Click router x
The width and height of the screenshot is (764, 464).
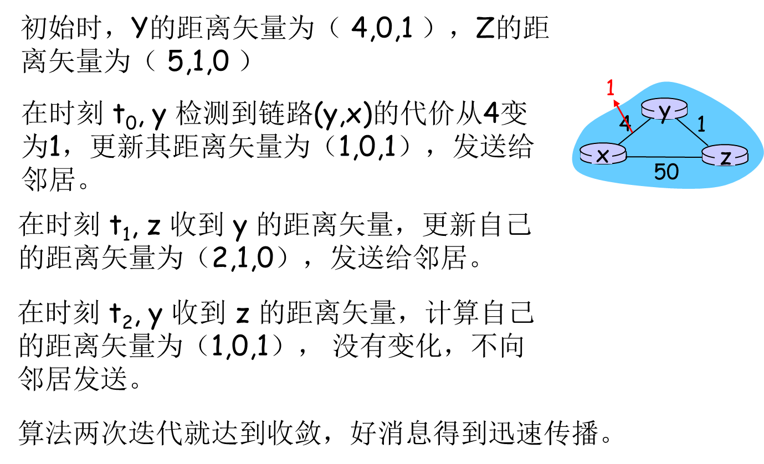[603, 153]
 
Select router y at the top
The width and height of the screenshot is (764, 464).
[664, 109]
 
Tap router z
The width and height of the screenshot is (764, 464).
[725, 155]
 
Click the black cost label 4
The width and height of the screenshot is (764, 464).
[624, 123]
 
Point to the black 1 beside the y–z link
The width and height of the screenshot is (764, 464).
[701, 124]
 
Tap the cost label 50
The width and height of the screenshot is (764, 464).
[666, 172]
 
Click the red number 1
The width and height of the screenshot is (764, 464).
[611, 87]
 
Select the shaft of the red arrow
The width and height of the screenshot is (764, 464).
[623, 116]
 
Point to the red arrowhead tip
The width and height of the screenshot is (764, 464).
[613, 100]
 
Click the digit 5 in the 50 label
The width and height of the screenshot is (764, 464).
[659, 172]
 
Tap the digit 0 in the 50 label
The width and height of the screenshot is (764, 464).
[673, 172]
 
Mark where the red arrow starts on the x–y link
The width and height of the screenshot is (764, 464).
[632, 132]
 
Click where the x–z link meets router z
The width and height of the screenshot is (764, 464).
[703, 157]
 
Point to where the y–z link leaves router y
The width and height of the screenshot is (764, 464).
[676, 118]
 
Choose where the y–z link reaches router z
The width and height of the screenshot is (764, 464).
[709, 147]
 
